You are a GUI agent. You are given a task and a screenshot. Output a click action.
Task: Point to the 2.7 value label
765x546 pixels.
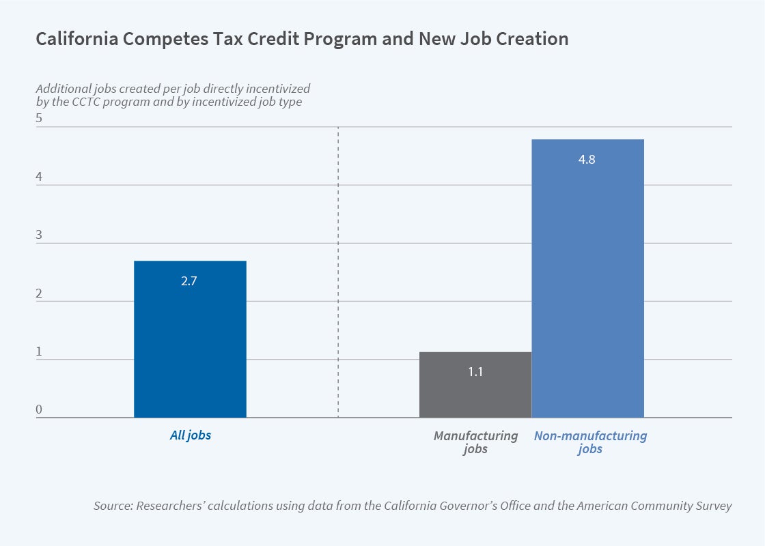pyautogui.click(x=189, y=281)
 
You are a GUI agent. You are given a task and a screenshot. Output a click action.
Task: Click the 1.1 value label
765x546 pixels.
pyautogui.click(x=475, y=373)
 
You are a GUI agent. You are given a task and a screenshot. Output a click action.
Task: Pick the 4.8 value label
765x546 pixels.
pyautogui.click(x=587, y=160)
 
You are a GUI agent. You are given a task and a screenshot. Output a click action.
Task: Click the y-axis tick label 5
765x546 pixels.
pyautogui.click(x=39, y=118)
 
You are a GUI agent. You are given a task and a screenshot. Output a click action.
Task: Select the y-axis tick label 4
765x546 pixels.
pyautogui.click(x=39, y=177)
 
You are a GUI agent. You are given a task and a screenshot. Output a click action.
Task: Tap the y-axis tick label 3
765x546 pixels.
pyautogui.click(x=39, y=235)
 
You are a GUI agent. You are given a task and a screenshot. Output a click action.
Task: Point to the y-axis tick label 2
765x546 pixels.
pyautogui.click(x=39, y=294)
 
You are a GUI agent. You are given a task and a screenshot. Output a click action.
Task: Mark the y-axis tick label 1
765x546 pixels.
pyautogui.click(x=39, y=352)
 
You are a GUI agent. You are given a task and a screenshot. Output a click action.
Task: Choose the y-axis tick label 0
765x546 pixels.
pyautogui.click(x=39, y=410)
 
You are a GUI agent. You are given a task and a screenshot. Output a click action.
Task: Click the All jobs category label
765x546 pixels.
pyautogui.click(x=190, y=435)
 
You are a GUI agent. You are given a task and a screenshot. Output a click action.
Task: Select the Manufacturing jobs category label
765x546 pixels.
pyautogui.click(x=475, y=442)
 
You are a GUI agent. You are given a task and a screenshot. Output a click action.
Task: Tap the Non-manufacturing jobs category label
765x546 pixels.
pyautogui.click(x=590, y=442)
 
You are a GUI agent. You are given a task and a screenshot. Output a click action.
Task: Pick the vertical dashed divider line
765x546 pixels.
pyautogui.click(x=339, y=273)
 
